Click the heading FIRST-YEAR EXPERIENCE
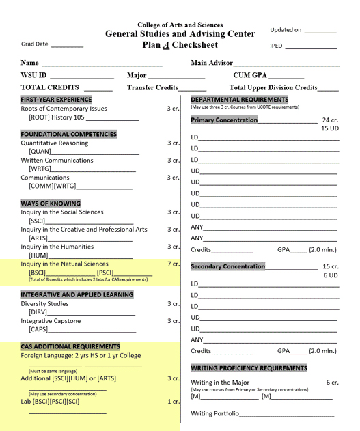(55, 100)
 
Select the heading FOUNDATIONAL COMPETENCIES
(68, 135)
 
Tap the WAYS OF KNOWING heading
(51, 204)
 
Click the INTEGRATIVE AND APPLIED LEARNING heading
(77, 295)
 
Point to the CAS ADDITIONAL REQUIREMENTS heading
(70, 346)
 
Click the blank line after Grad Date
(67, 45)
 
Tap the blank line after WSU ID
(81, 76)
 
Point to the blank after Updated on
(320, 31)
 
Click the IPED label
(276, 46)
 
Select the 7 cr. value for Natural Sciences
(173, 264)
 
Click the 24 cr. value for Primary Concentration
(330, 120)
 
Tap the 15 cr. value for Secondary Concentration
(330, 266)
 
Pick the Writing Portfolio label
(214, 413)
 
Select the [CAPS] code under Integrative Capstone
(38, 329)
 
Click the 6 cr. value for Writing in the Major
(332, 383)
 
